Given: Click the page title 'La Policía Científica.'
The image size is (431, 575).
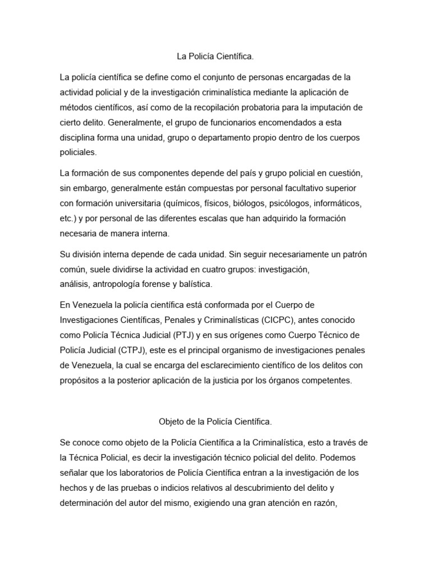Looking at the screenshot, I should pyautogui.click(x=215, y=56).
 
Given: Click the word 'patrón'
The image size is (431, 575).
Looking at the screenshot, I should pyautogui.click(x=354, y=254).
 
